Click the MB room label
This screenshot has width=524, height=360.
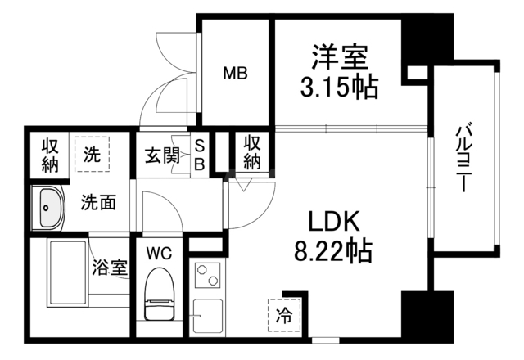(x=235, y=73)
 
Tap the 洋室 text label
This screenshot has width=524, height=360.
(x=340, y=56)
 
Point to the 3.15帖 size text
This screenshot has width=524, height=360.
(x=339, y=87)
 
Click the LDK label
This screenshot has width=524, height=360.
(x=334, y=221)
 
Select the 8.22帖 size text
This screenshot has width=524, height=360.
(x=333, y=250)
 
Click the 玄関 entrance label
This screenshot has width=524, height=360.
(x=162, y=155)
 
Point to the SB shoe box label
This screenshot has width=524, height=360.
(x=200, y=155)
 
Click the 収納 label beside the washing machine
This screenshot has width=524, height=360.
(x=50, y=155)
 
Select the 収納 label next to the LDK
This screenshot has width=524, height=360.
(x=252, y=153)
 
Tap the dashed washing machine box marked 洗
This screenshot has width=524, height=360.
(x=92, y=154)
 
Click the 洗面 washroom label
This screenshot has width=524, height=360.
(x=98, y=202)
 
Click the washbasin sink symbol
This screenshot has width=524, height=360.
(x=48, y=207)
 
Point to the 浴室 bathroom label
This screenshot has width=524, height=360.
(x=110, y=268)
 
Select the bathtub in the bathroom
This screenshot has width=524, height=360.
(x=67, y=273)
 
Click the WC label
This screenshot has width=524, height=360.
(x=159, y=254)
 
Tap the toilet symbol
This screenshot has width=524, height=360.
(x=160, y=295)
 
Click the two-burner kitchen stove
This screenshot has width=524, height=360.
(x=207, y=275)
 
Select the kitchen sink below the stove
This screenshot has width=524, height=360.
(x=208, y=317)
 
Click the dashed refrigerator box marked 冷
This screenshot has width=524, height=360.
(x=284, y=314)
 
